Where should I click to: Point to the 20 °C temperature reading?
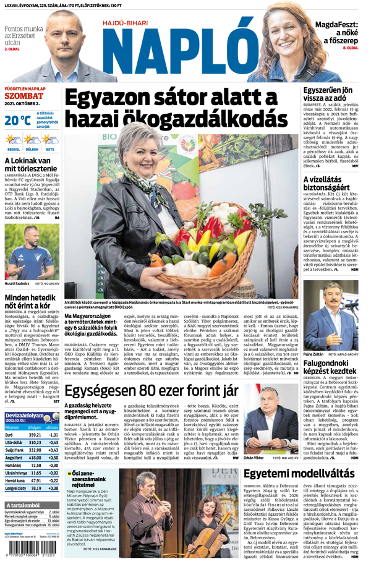tap(17, 120)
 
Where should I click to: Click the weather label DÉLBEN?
tap(32, 149)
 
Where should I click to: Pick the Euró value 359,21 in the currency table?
tap(35, 435)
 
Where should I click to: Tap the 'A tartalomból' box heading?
tap(25, 505)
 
